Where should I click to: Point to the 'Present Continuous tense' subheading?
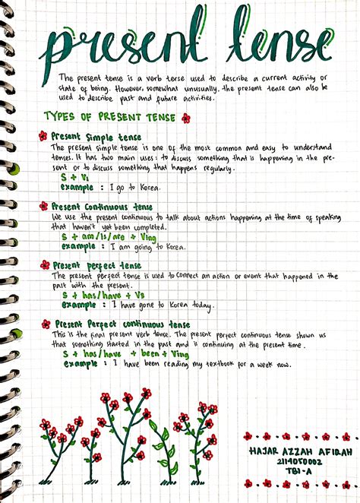pos(101,206)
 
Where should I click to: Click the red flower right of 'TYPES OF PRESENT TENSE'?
pos(186,118)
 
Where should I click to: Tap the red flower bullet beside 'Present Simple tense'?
pos(43,136)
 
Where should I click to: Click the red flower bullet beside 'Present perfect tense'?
pos(45,265)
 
